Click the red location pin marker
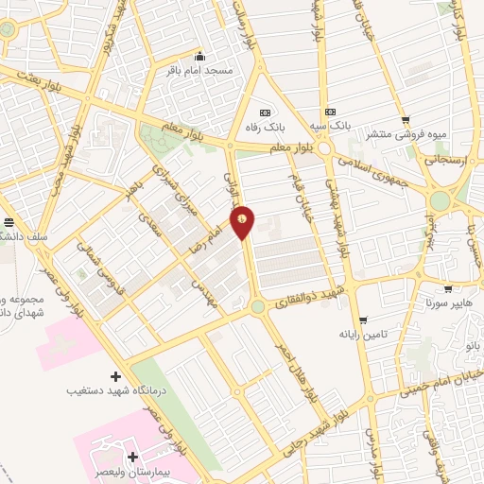point(243,221)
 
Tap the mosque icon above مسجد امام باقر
point(200,57)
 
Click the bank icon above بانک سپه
point(330,111)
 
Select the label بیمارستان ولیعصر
point(143,470)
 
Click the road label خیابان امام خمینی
point(443,382)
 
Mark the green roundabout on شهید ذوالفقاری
point(257,306)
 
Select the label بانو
point(471,346)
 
